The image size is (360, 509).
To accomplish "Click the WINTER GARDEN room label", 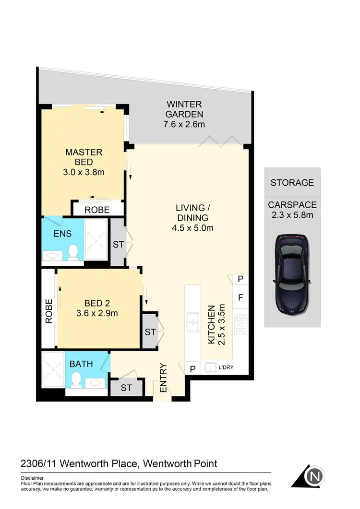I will [x=184, y=109].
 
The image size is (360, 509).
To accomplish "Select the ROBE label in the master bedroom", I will [x=97, y=210].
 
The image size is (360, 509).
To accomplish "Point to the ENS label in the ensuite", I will [x=63, y=234].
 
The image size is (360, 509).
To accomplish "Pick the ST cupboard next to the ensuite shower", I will [x=118, y=244].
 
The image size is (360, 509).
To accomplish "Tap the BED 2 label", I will [x=97, y=303].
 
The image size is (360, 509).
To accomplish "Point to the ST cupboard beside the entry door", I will [x=126, y=388].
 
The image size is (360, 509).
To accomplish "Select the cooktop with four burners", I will [x=240, y=325].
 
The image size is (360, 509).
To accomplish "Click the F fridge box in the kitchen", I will [x=240, y=297].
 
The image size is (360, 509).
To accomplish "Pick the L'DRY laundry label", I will [x=225, y=368].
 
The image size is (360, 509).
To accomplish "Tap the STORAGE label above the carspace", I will [x=292, y=182].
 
